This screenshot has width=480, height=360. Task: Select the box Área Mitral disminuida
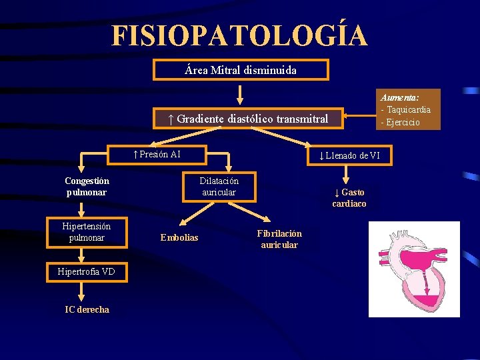[x=241, y=70]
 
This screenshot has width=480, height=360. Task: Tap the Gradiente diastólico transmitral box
[x=248, y=119]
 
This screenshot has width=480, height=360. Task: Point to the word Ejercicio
[x=402, y=122]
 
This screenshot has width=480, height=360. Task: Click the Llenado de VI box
[x=350, y=156]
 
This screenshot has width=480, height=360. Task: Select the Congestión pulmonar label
[x=87, y=187]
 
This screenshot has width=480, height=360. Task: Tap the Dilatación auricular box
[x=219, y=187]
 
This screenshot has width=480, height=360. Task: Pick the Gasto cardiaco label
[x=349, y=198]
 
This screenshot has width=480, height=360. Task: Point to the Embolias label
[x=179, y=238]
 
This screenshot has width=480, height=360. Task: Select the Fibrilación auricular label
[x=279, y=239]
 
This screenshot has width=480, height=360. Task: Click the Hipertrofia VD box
[x=86, y=271]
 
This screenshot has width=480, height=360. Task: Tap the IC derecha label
[x=87, y=309]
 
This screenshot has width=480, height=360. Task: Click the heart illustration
[x=414, y=269]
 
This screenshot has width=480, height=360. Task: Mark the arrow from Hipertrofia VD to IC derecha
[x=81, y=291]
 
